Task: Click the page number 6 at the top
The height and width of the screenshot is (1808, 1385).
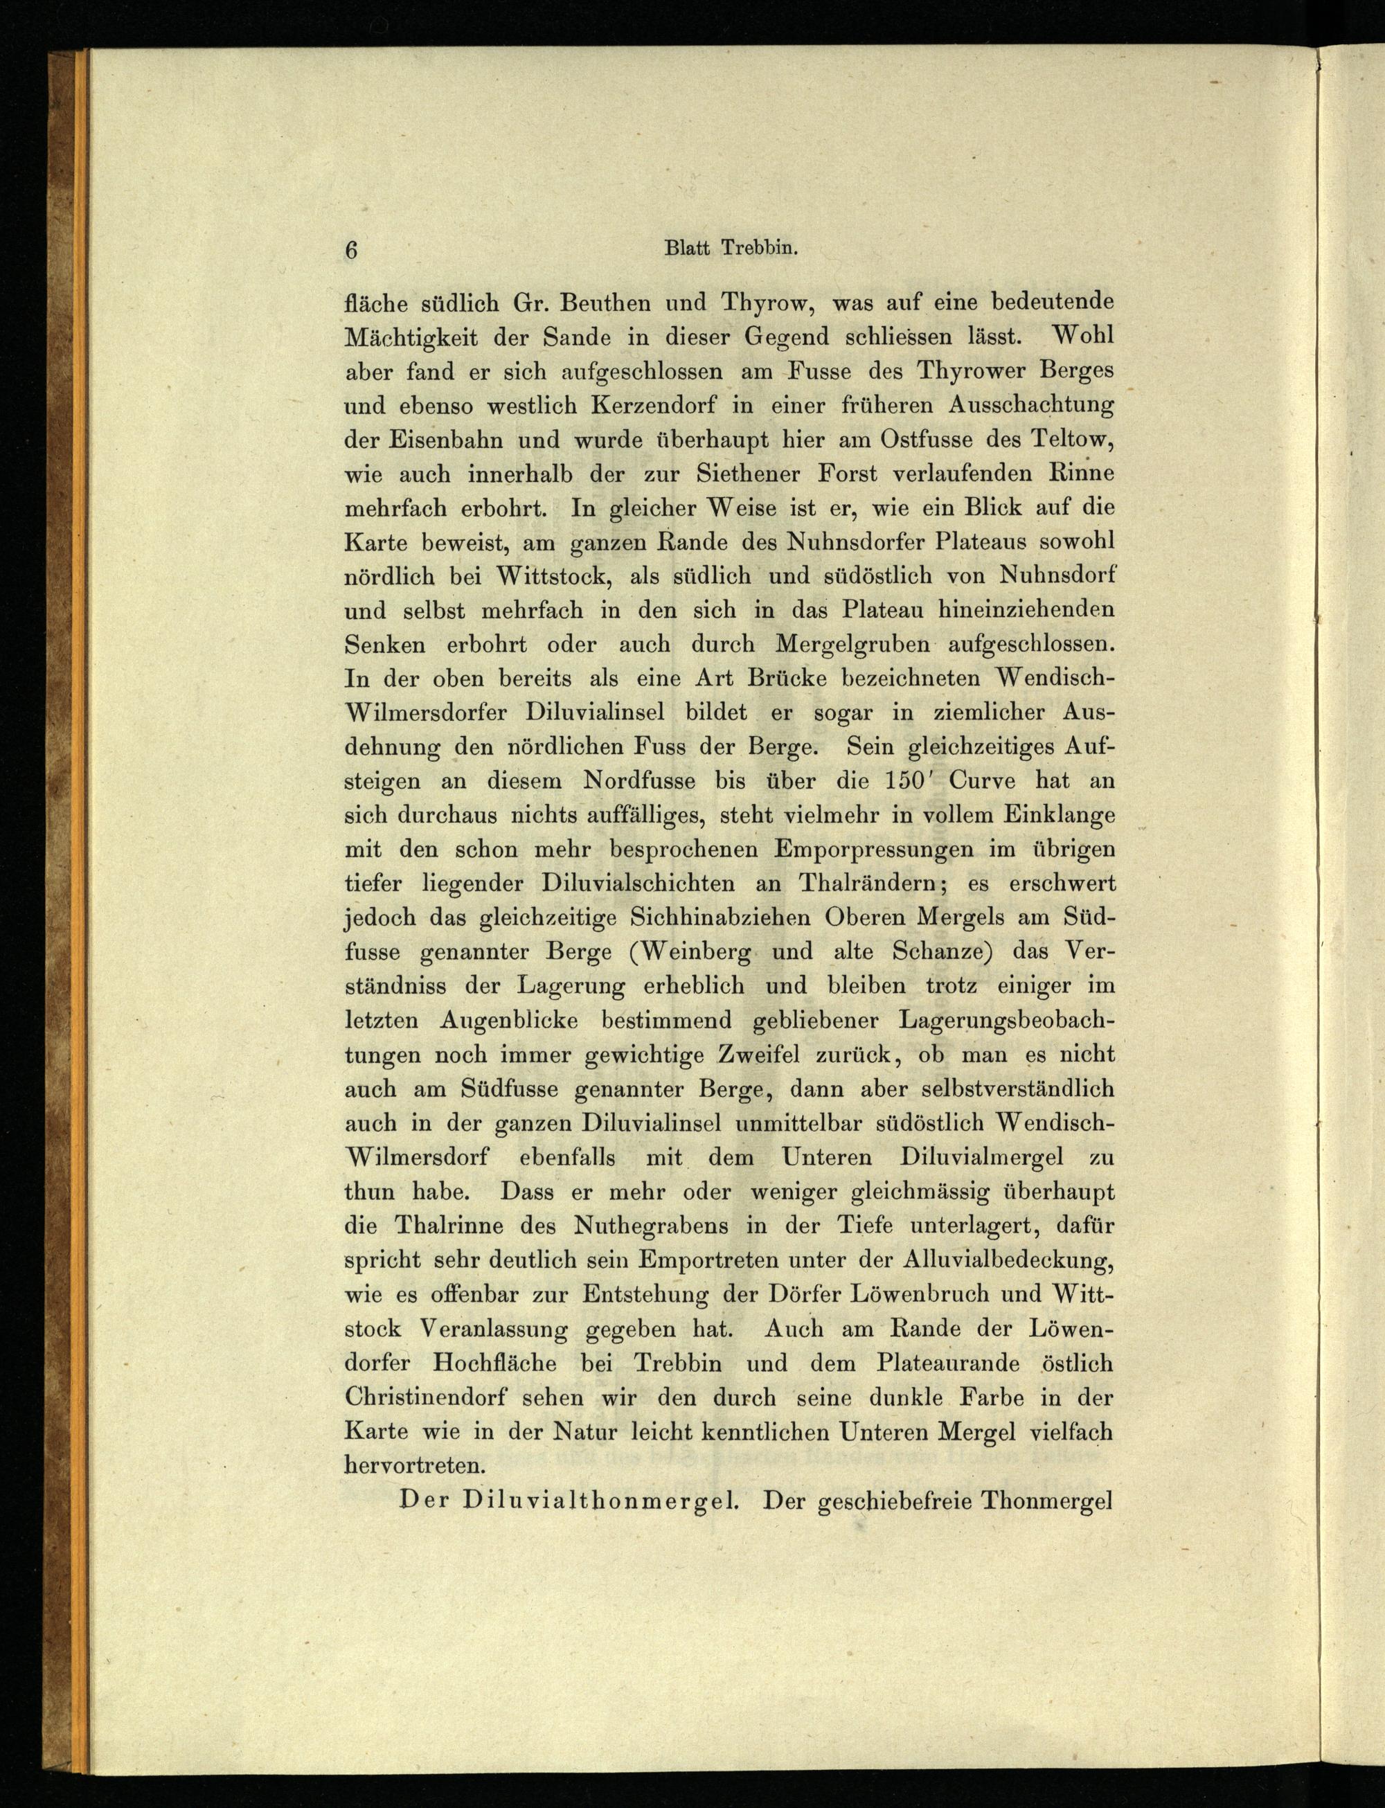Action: tap(352, 251)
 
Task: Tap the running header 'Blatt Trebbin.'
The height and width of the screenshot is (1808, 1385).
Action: tap(731, 250)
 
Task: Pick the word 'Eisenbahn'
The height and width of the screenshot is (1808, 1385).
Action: tap(434, 440)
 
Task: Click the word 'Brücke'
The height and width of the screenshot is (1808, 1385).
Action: tap(778, 679)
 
